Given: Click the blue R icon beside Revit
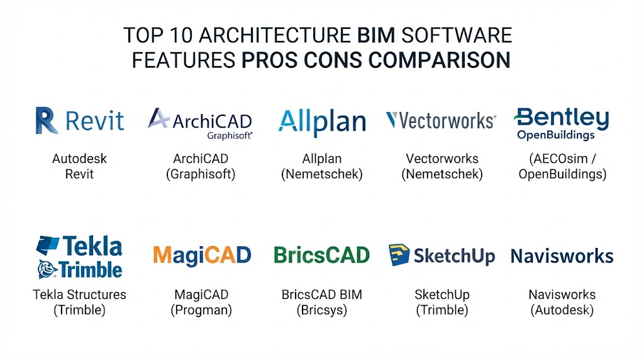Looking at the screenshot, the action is click(x=46, y=120).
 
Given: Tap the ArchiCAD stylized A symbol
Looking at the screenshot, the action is click(x=158, y=118).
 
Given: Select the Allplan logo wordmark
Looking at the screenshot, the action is click(x=322, y=122).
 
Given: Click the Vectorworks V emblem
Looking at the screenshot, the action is click(x=391, y=120).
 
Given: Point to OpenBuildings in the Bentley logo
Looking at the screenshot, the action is click(x=556, y=135).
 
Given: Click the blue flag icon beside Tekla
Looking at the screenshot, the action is click(x=48, y=245).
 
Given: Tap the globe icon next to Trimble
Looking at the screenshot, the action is click(x=47, y=269).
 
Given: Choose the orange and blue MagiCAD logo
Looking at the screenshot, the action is click(x=202, y=255).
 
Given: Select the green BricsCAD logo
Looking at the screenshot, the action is click(x=321, y=255).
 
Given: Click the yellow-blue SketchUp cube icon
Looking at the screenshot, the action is click(x=399, y=255).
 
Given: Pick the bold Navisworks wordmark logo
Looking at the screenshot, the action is click(x=562, y=256).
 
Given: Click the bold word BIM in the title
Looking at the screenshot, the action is click(x=376, y=35).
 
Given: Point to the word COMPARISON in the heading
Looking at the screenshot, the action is click(x=439, y=60).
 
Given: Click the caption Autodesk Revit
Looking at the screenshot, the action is click(x=79, y=166).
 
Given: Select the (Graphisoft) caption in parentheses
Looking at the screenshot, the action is click(x=201, y=174).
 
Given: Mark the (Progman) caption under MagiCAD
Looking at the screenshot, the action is click(x=201, y=310).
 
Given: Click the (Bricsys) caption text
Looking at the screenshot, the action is click(x=321, y=310).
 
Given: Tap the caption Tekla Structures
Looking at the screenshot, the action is click(x=79, y=295).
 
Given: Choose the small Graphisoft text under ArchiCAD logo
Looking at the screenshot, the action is click(x=230, y=135).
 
